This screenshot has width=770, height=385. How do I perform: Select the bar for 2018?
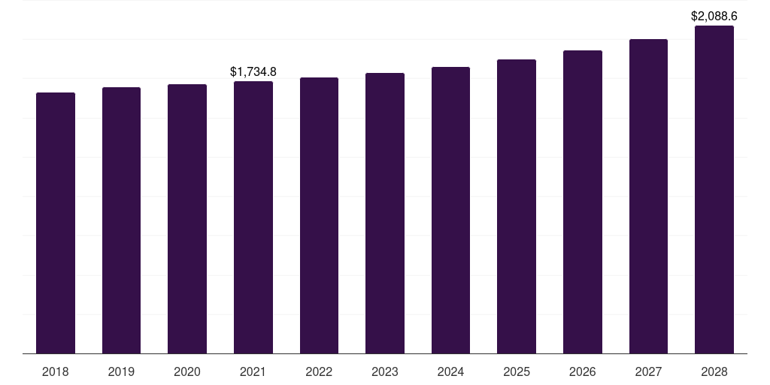click(56, 223)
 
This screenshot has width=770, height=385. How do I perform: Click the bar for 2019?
click(121, 220)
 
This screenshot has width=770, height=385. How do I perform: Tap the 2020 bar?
click(187, 219)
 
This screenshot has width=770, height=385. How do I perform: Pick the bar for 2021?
click(253, 217)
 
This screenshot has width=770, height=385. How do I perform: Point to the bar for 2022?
click(319, 216)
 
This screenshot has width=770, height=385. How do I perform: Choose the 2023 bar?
click(385, 213)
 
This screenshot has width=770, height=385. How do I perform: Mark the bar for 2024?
click(451, 211)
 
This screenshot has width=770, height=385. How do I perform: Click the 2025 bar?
click(517, 207)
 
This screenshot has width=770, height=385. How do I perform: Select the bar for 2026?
click(583, 202)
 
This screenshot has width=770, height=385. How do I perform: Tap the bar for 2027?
click(648, 196)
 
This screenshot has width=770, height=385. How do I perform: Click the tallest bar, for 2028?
click(714, 189)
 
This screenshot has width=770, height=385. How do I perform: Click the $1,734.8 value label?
click(253, 71)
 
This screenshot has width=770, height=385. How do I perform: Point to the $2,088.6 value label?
click(714, 17)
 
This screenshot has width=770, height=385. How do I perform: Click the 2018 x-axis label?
click(56, 371)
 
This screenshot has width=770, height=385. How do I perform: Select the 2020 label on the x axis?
click(187, 371)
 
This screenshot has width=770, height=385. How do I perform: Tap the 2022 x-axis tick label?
click(319, 371)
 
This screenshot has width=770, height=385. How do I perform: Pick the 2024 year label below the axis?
click(451, 371)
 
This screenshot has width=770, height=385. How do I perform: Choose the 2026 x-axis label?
click(583, 371)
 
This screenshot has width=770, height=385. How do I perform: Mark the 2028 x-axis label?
click(714, 371)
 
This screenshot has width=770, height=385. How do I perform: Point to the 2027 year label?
click(648, 371)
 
